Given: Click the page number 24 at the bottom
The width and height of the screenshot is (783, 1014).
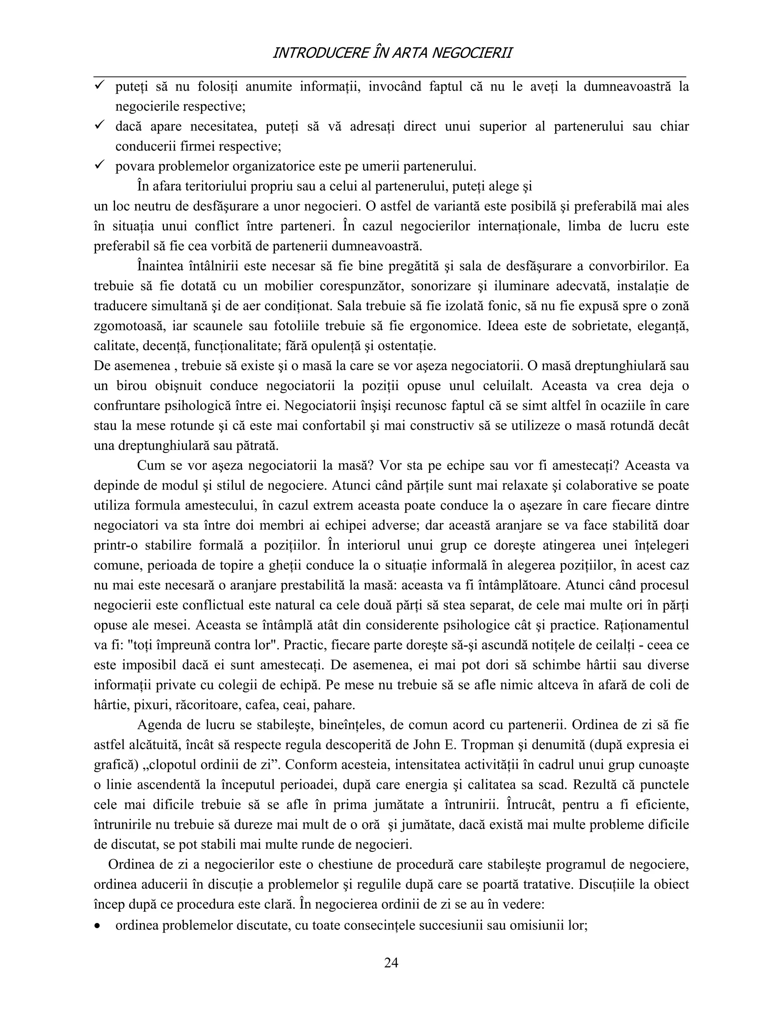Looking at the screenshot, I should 391,962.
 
